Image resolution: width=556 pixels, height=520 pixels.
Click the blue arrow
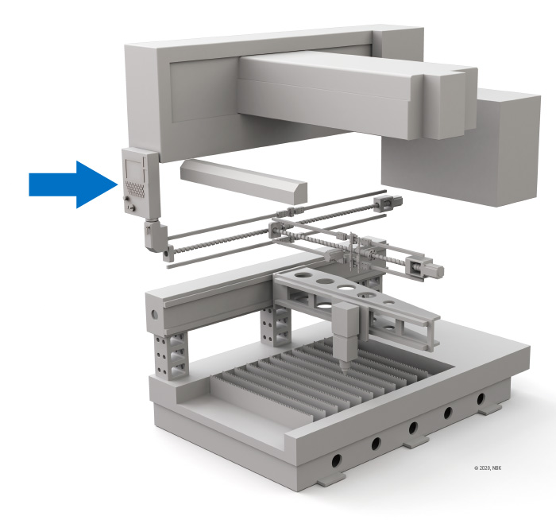click(73, 184)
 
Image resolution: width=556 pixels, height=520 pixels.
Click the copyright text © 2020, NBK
click(488, 468)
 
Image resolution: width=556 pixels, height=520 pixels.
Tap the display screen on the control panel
click(133, 169)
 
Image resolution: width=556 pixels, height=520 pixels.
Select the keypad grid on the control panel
click(135, 189)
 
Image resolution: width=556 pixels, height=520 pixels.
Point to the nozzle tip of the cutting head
click(344, 369)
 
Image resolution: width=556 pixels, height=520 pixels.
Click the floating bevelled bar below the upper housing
click(244, 181)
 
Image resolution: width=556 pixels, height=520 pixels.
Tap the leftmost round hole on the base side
click(336, 460)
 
